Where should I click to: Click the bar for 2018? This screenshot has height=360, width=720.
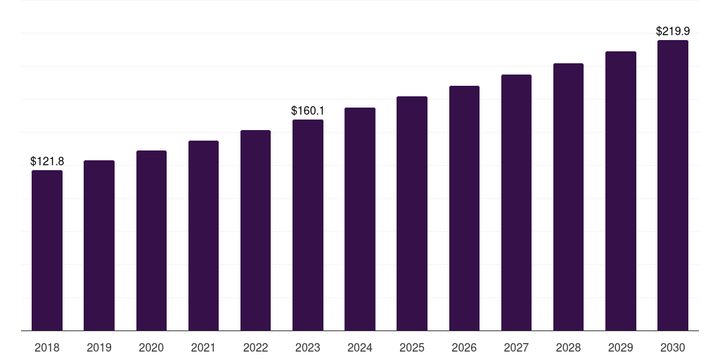coord(47,250)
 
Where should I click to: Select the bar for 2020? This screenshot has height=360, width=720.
coord(151,240)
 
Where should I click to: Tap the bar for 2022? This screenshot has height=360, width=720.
coord(255,231)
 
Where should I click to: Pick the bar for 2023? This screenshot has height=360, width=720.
coord(308,225)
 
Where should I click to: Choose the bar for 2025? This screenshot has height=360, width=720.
coord(412,214)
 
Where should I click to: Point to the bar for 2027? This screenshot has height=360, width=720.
coord(516,202)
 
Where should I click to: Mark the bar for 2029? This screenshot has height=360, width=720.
coord(621,191)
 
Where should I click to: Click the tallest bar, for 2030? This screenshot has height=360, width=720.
coord(673,186)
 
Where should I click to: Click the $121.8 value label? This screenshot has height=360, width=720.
coord(47,162)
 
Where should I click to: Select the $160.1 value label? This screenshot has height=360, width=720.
coord(308,111)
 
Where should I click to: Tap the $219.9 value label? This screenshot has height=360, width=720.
coord(673,32)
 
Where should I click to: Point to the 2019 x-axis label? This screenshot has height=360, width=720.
coord(99,347)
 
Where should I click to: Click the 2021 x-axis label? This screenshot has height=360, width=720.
coord(203,347)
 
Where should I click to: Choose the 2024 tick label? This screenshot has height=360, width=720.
coord(360,347)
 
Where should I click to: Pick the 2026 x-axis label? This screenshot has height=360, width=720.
coord(464,347)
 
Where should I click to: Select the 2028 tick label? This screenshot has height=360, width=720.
coord(568,347)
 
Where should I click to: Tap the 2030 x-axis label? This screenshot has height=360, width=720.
coord(673,347)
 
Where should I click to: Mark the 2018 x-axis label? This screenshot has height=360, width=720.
coord(47,347)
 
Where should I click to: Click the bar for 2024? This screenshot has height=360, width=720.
coord(360,219)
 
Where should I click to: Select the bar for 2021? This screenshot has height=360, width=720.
coord(203,236)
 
